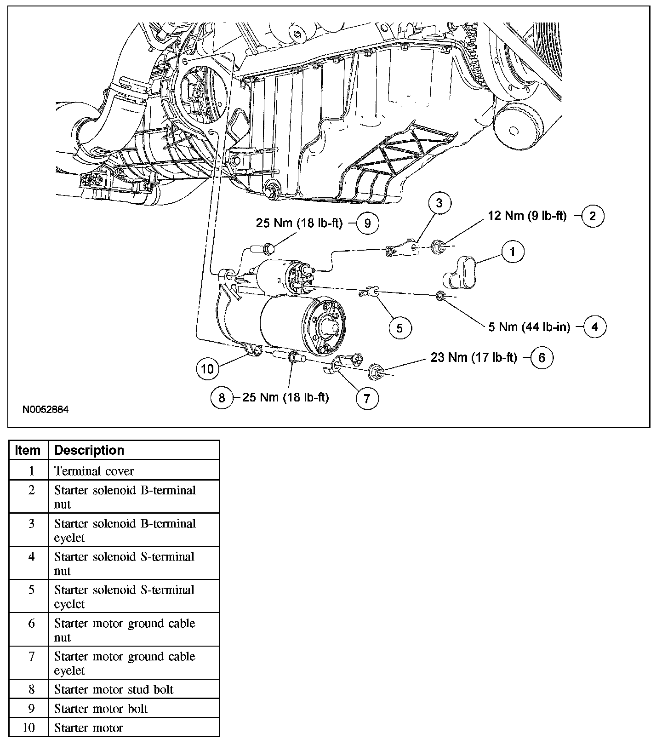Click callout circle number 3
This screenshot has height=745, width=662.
coord(439,203)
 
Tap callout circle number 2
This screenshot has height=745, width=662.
coord(593,216)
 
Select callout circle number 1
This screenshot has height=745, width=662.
coord(513,252)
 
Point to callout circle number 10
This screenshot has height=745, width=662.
coord(207,369)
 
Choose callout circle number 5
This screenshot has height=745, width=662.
coord(399,328)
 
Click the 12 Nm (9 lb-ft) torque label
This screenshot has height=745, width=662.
coord(527,216)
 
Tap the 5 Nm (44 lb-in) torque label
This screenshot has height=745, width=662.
coord(529,327)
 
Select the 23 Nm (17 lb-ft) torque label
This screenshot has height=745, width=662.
coord(474,357)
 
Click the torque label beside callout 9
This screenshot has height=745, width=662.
coord(299,223)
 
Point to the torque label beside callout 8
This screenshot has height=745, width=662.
coord(285,397)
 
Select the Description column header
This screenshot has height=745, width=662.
coord(90,450)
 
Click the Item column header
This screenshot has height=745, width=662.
coord(28,450)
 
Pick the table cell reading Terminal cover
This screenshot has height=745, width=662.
coord(94,471)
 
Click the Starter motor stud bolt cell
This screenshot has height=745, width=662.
coord(114,689)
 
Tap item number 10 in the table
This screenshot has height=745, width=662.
coord(29,728)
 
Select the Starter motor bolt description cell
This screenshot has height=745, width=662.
coord(101,709)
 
